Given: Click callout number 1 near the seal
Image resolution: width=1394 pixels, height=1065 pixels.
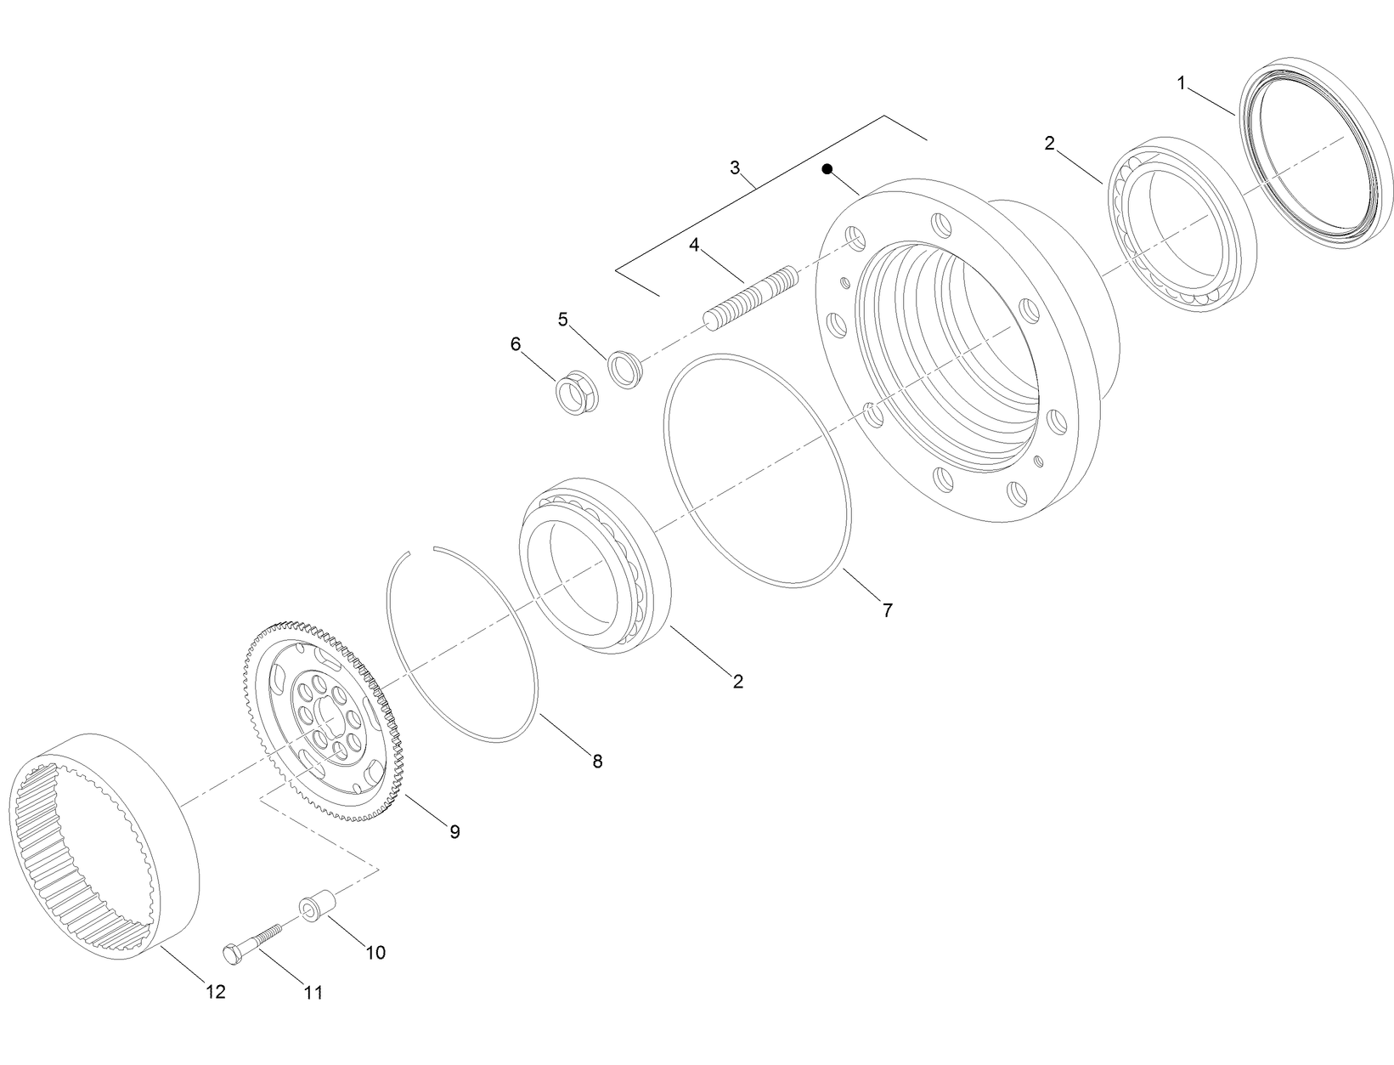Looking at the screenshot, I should pyautogui.click(x=1181, y=82).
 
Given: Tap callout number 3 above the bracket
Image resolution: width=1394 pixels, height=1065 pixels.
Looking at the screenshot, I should pyautogui.click(x=735, y=167).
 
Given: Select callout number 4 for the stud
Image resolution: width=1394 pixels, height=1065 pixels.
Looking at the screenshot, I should pyautogui.click(x=694, y=245).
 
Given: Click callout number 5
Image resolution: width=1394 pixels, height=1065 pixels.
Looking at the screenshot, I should pyautogui.click(x=562, y=320).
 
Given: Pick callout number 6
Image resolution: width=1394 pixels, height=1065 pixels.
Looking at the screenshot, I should pyautogui.click(x=515, y=344).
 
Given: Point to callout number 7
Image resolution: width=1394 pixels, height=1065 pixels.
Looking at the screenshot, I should pyautogui.click(x=887, y=609).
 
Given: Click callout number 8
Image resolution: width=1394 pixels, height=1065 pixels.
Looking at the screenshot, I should pyautogui.click(x=597, y=761).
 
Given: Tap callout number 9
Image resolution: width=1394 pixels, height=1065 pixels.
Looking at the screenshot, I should pyautogui.click(x=454, y=831).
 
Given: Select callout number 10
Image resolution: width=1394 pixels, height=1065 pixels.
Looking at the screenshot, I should pyautogui.click(x=375, y=952).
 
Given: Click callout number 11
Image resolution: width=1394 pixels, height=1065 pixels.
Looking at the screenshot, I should pyautogui.click(x=313, y=992).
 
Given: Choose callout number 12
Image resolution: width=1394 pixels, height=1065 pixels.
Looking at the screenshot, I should pyautogui.click(x=216, y=991).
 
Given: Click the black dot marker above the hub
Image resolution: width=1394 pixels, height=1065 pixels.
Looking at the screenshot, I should pyautogui.click(x=827, y=169).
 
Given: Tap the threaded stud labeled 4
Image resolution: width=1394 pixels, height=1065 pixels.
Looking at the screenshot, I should pyautogui.click(x=753, y=296).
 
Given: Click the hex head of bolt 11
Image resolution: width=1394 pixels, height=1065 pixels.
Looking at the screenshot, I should pyautogui.click(x=232, y=954).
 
